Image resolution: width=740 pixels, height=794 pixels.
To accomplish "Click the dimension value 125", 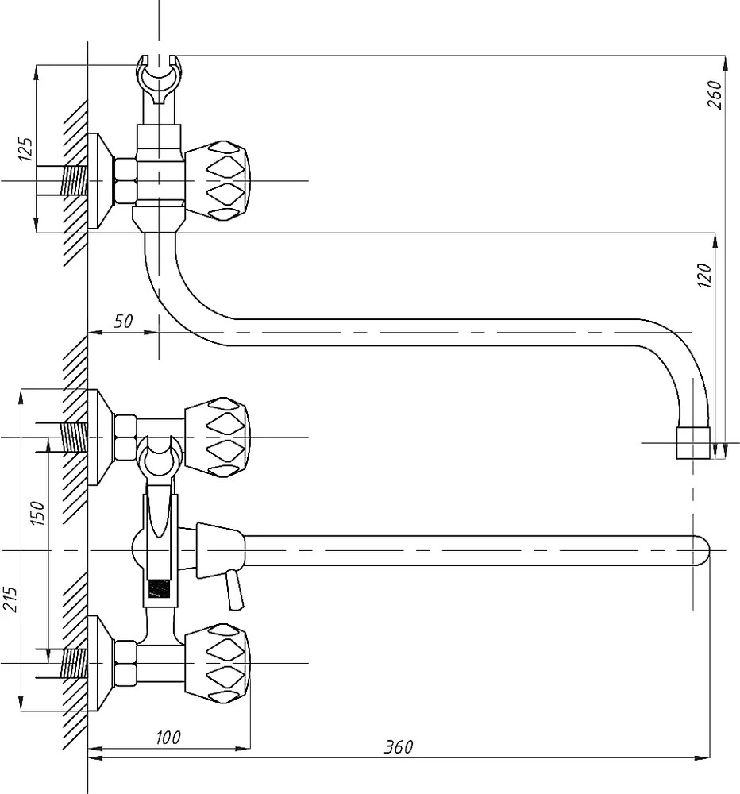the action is pyautogui.click(x=25, y=149).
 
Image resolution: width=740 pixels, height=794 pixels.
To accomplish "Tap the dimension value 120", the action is pyautogui.click(x=704, y=276).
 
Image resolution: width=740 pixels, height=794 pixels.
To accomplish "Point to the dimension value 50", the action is pyautogui.click(x=123, y=321).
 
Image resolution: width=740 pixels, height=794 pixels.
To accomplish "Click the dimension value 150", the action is pyautogui.click(x=38, y=513).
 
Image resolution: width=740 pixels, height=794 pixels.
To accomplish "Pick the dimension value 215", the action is pyautogui.click(x=10, y=599).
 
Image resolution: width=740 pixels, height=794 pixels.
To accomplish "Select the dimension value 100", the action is pyautogui.click(x=168, y=738).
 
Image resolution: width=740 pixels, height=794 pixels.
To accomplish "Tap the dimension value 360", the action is pyautogui.click(x=399, y=747).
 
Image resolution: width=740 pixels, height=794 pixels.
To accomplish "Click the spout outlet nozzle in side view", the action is pyautogui.click(x=693, y=442).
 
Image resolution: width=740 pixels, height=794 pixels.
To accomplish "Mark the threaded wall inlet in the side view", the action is pyautogui.click(x=74, y=181).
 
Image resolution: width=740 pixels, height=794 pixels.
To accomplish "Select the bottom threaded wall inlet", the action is pyautogui.click(x=74, y=663).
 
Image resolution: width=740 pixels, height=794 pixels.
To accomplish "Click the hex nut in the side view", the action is pyautogui.click(x=125, y=181).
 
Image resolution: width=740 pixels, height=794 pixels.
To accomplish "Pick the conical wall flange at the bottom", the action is pyautogui.click(x=100, y=663).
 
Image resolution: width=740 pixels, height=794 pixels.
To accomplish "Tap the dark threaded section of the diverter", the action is pyautogui.click(x=159, y=588).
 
